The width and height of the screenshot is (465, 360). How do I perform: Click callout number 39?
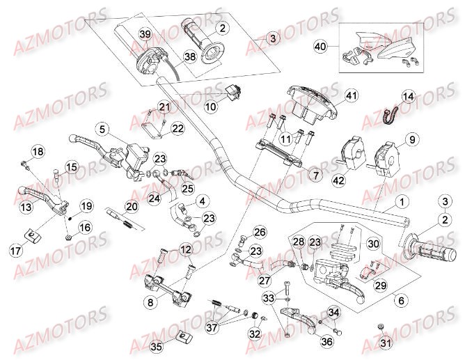145,34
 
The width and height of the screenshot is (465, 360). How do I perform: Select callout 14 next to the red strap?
408,96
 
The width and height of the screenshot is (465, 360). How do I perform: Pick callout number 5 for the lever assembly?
102,129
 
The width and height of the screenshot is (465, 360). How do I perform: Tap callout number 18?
37,152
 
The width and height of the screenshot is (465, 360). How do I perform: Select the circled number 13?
26,206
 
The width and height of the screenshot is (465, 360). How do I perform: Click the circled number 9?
411,140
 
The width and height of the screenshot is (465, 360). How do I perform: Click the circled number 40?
320,47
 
